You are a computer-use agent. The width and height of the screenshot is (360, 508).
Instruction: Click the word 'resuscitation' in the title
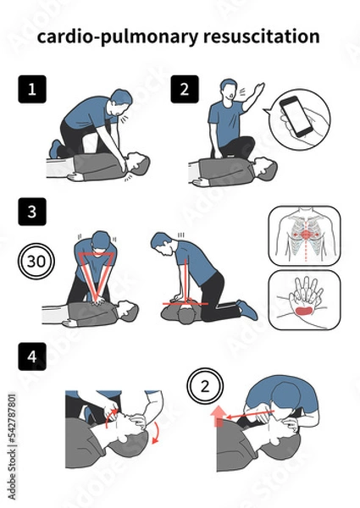[262, 36]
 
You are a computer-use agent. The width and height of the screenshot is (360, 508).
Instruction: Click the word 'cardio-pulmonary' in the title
[117, 37]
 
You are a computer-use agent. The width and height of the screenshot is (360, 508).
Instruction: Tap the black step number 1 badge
[32, 89]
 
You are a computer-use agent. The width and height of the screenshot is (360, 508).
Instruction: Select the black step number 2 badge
[185, 89]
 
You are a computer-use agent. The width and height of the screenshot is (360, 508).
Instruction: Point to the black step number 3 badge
[32, 212]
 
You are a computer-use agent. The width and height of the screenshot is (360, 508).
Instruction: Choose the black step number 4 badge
[32, 356]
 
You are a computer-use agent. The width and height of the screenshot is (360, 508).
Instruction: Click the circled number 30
[36, 261]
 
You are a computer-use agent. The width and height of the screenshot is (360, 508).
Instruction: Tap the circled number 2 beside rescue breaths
[205, 386]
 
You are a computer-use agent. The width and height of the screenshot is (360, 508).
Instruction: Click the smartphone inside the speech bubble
[296, 117]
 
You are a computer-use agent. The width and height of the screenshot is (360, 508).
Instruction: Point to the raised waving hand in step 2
[258, 88]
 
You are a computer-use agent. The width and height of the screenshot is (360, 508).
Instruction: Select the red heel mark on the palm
[304, 311]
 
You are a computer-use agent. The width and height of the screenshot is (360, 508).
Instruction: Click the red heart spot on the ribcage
[305, 235]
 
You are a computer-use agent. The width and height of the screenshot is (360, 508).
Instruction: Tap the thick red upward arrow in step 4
[219, 417]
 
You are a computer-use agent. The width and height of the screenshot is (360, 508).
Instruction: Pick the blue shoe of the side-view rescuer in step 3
[247, 310]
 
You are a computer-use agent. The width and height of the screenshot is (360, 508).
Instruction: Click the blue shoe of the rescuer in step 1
[56, 149]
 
